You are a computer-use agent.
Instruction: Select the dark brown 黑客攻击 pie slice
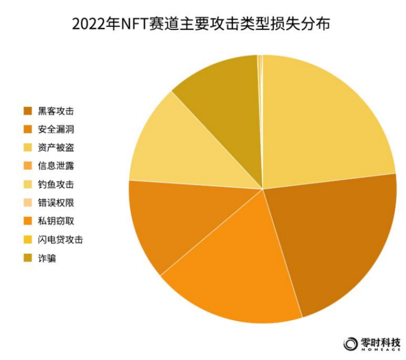tap(340, 240)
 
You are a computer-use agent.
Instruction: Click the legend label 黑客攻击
tap(56, 111)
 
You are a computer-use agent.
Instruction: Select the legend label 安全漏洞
tap(56, 129)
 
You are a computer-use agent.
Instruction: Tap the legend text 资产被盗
tap(56, 148)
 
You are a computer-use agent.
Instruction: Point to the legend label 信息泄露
tap(56, 166)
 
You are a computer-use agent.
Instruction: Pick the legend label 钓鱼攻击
tap(56, 184)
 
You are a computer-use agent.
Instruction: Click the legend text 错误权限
tap(56, 203)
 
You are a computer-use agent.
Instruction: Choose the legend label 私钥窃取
tap(56, 221)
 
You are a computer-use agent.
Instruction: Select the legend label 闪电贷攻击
tap(60, 240)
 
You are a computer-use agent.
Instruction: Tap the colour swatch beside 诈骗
tap(28, 258)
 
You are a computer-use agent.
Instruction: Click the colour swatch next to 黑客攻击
tap(28, 111)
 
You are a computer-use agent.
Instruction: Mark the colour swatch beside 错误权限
tap(28, 203)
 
